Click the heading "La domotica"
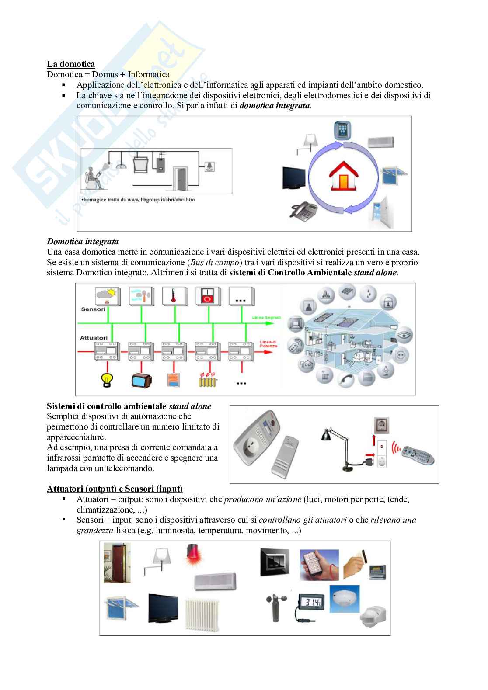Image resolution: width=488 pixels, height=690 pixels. click(x=71, y=64)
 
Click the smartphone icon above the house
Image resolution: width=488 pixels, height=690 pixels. click(x=342, y=131)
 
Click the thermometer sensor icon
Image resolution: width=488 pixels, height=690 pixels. click(x=174, y=296)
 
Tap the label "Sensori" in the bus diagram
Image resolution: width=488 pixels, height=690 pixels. click(x=93, y=309)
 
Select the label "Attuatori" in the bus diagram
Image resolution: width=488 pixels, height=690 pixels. click(x=94, y=338)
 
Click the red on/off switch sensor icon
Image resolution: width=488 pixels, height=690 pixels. click(x=207, y=296)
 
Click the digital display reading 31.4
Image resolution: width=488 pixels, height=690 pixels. click(x=312, y=603)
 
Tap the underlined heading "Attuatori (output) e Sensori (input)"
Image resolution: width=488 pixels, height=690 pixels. click(x=115, y=489)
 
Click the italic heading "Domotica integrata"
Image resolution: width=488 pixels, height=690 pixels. click(x=83, y=241)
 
